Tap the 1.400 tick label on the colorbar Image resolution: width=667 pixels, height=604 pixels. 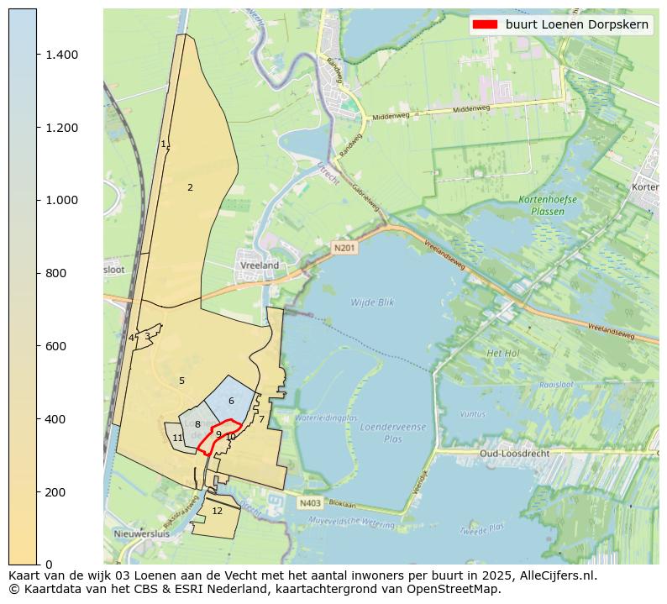click(x=62, y=55)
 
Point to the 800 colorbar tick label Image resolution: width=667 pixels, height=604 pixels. click(x=55, y=273)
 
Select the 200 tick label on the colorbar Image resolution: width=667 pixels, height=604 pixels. click(x=55, y=491)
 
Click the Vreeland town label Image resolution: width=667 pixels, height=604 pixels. click(x=260, y=265)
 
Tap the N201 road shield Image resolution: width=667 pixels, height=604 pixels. click(x=344, y=248)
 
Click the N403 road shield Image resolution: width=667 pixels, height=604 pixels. click(x=309, y=503)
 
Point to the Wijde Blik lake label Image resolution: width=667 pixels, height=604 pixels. click(x=372, y=302)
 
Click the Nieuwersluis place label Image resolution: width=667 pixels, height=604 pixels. click(x=141, y=533)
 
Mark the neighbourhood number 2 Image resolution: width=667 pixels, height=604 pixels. click(x=190, y=187)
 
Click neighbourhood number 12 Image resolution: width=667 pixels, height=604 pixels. click(x=217, y=511)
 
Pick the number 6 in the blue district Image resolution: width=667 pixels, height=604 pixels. click(x=231, y=401)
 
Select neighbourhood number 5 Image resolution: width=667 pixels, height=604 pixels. click(x=181, y=381)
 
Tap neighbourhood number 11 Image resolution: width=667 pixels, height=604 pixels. click(x=177, y=438)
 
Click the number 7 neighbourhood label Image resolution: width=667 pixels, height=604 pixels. click(x=261, y=419)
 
